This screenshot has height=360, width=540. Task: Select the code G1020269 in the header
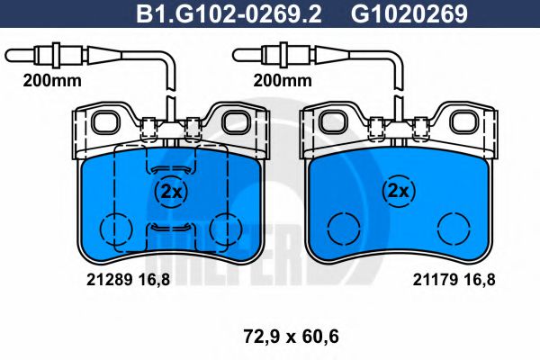pos(396,14)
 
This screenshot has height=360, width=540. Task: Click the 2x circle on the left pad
pos(168,192)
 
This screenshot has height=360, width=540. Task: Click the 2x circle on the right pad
pos(397,192)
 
